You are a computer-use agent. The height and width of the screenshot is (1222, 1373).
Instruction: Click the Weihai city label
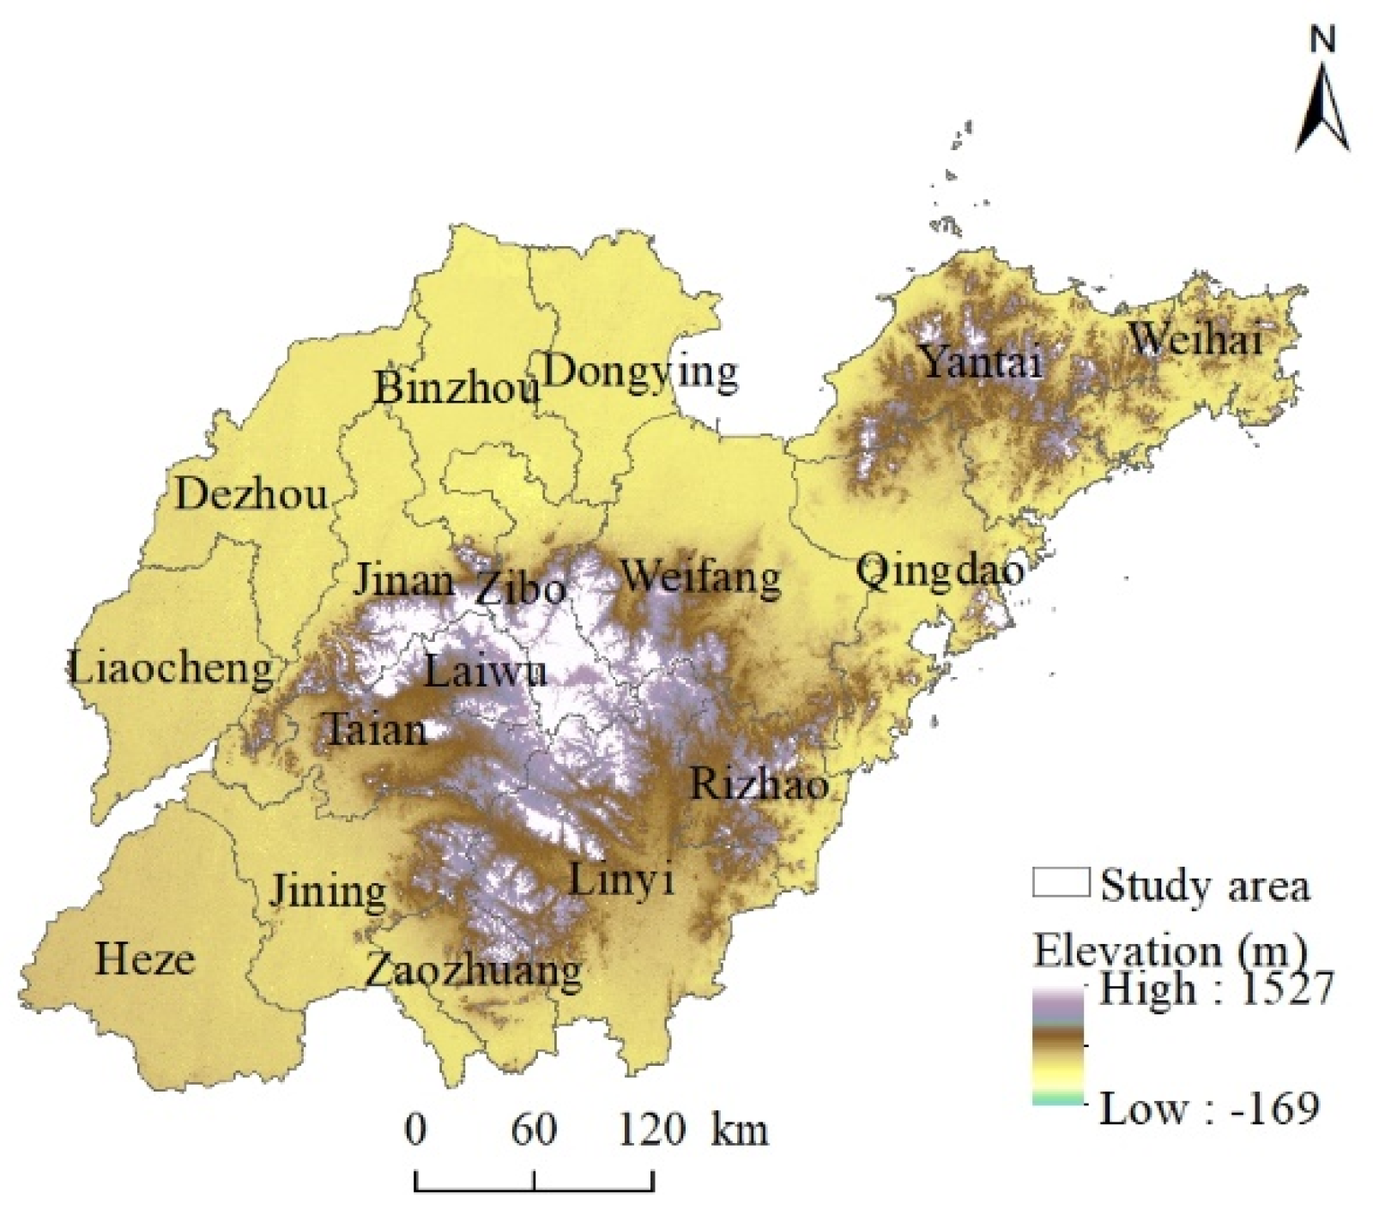point(1195,341)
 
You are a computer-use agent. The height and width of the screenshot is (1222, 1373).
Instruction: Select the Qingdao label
point(940,571)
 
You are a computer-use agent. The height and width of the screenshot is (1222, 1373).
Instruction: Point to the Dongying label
point(640,372)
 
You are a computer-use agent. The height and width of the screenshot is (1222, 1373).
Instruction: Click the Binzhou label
point(457,389)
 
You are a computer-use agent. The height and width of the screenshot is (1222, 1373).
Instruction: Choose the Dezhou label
point(251,495)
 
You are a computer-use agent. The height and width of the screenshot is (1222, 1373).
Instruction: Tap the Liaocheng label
point(171,668)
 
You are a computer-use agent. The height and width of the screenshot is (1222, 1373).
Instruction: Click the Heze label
point(144,959)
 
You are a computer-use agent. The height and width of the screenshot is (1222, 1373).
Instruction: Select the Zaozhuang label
point(473,972)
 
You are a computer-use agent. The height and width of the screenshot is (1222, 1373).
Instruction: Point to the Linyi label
point(621,880)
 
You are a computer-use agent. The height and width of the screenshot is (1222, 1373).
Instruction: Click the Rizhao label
point(759,783)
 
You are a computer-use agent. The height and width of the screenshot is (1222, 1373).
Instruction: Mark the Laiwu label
point(486,671)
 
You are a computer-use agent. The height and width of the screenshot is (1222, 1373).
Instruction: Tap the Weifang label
point(700,577)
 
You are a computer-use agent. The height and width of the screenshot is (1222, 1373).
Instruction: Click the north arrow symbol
point(1322,103)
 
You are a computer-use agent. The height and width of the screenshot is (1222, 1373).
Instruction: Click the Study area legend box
point(1061,883)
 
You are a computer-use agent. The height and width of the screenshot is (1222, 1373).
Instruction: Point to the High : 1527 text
point(1215,989)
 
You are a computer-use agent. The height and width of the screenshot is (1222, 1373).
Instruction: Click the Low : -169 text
point(1208,1109)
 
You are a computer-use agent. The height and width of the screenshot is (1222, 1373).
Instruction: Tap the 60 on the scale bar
point(534,1130)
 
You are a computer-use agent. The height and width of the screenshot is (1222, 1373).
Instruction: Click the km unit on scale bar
point(739,1130)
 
